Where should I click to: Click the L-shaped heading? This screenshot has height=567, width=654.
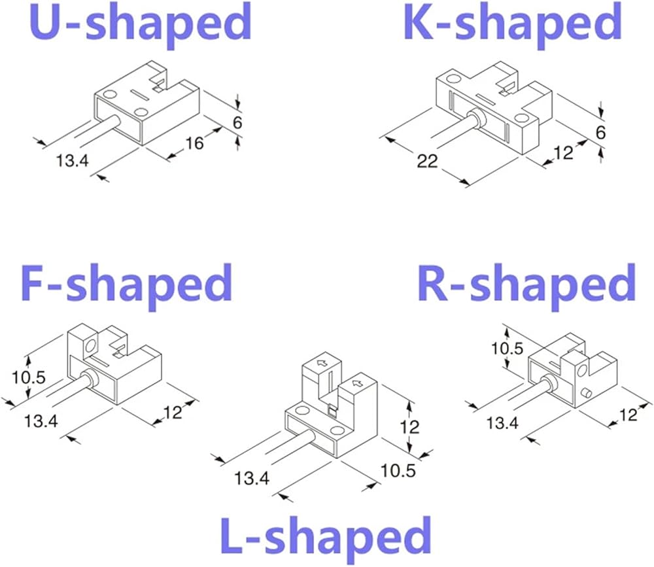324,538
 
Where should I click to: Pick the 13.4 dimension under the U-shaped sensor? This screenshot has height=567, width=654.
71,160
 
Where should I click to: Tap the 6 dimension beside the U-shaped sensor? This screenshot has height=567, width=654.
237,122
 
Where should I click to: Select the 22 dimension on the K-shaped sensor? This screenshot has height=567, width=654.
427,160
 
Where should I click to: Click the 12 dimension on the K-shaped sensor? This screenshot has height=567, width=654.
562,152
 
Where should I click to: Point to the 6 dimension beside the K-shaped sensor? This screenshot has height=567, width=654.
601,132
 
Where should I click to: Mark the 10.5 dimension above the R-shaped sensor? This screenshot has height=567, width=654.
507,348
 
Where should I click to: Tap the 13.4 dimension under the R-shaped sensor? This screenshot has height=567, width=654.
502,423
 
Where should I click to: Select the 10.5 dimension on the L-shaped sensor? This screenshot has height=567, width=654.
399,470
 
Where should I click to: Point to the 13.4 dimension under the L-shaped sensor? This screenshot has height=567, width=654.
252,478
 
